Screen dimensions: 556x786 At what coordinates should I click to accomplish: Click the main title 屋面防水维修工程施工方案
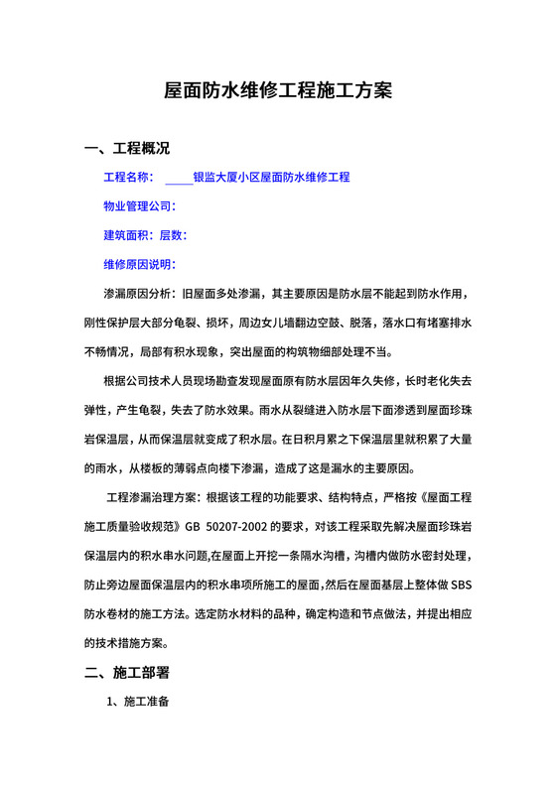(278, 91)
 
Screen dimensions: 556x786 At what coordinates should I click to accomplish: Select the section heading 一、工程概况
(127, 150)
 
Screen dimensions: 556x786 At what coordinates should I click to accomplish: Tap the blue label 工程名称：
(128, 179)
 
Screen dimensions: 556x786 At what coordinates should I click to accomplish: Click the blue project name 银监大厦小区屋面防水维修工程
(271, 179)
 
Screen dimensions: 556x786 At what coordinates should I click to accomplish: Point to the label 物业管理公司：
(139, 207)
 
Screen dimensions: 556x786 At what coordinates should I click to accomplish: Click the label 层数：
(173, 236)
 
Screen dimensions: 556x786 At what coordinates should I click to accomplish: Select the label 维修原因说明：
(139, 265)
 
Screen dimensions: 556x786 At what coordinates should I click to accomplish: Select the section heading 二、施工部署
(127, 673)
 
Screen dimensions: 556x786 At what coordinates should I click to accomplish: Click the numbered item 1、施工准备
(139, 703)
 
